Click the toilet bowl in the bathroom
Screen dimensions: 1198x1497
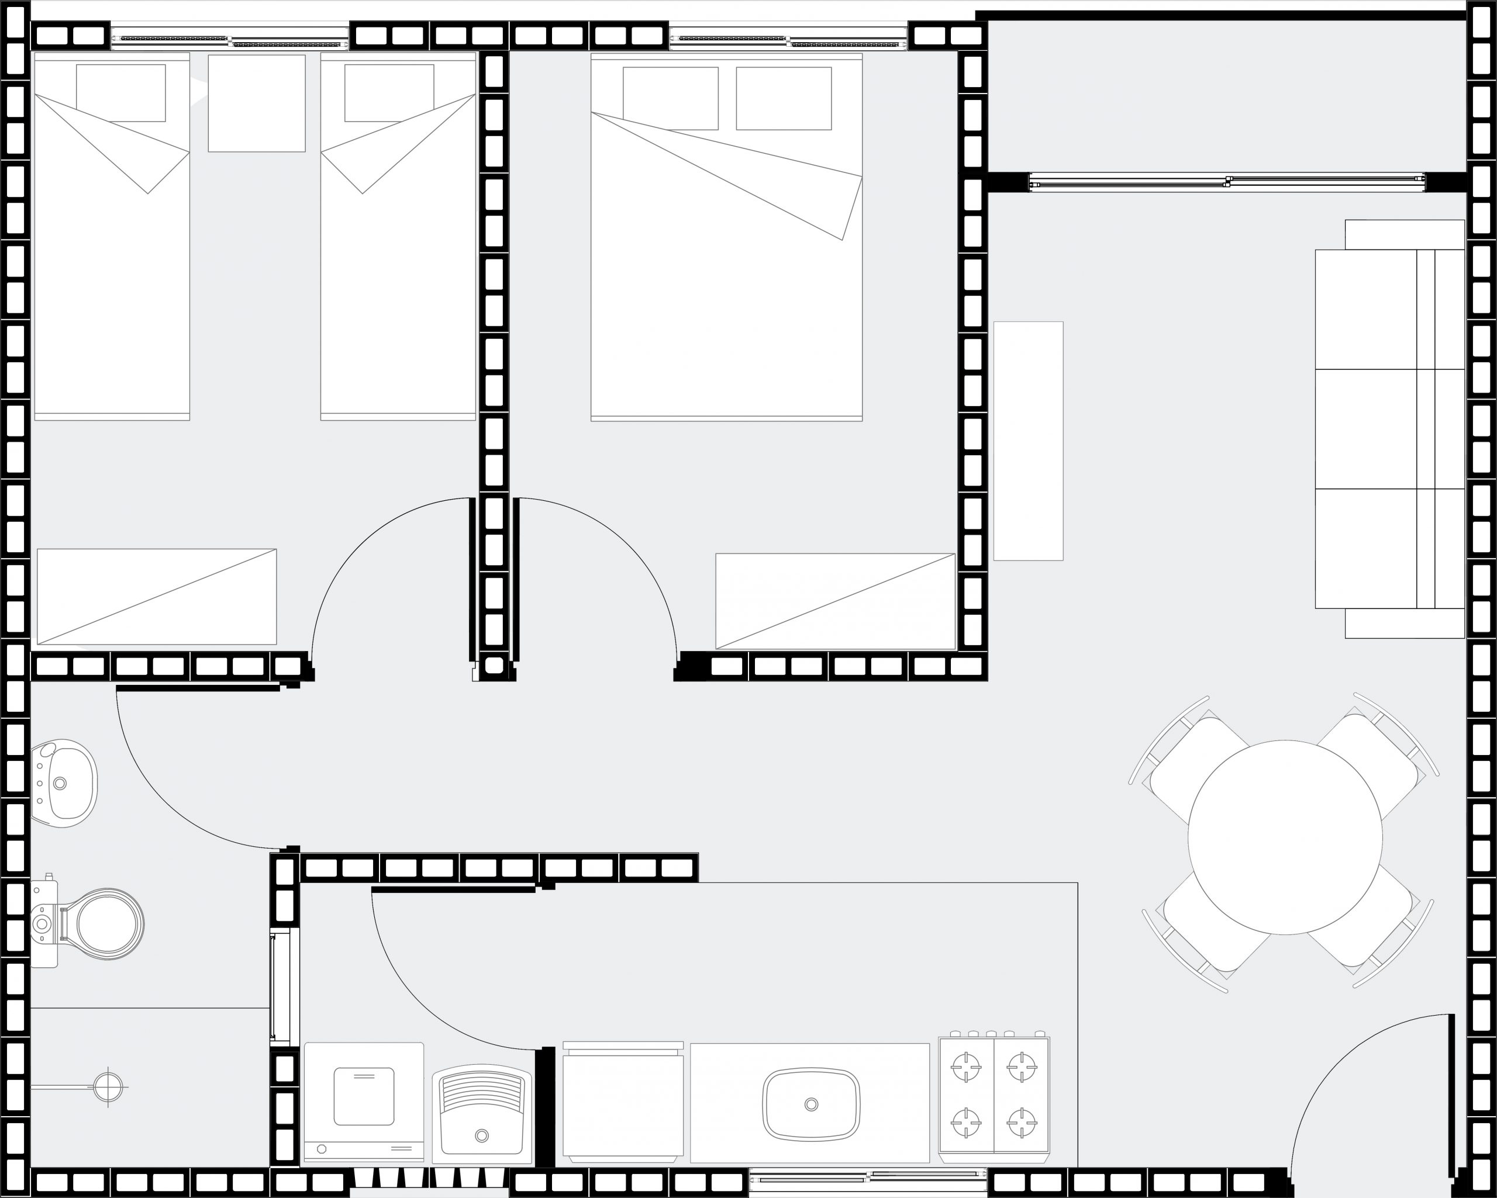click(108, 924)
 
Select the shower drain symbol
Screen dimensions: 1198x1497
click(108, 1086)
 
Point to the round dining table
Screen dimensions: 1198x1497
click(1285, 837)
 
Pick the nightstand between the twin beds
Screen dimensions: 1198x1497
click(256, 103)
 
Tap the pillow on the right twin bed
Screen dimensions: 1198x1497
click(389, 93)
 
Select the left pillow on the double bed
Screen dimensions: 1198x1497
click(670, 98)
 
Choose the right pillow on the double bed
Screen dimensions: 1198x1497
click(783, 98)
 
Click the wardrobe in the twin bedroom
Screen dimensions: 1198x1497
click(157, 597)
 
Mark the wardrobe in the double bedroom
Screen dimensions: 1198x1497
click(835, 601)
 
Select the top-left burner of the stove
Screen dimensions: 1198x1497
click(966, 1067)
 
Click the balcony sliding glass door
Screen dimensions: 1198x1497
click(1226, 182)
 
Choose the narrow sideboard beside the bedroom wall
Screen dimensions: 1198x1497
click(1027, 441)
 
